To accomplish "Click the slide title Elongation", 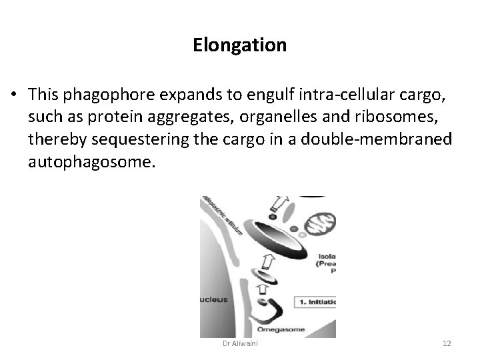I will [240, 45].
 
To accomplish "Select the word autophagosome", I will [91, 161].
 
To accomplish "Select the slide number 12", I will [447, 343].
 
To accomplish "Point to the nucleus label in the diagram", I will [212, 299].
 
